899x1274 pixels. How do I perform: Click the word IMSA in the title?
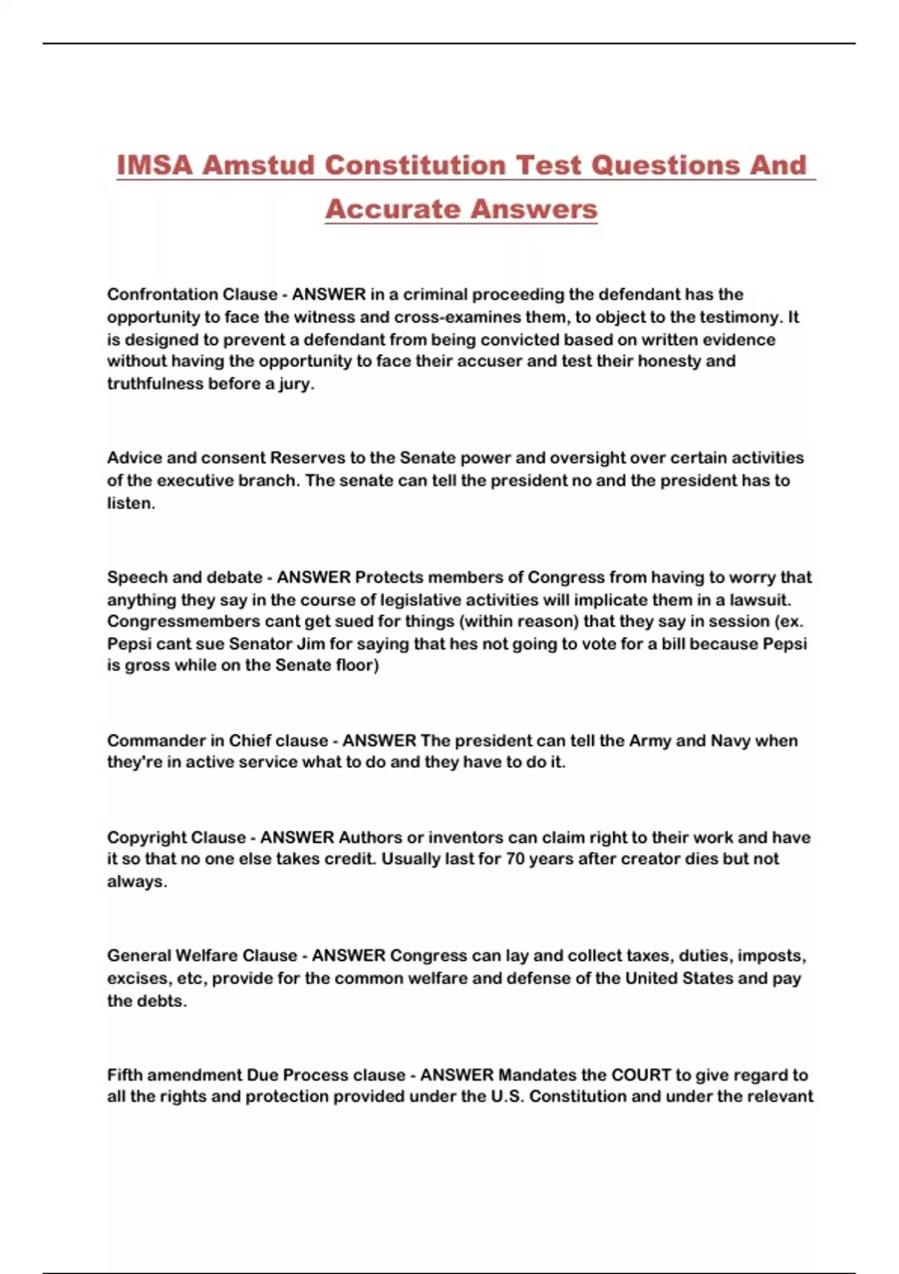click(154, 165)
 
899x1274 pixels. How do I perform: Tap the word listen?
click(130, 503)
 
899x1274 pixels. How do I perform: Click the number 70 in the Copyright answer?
click(515, 859)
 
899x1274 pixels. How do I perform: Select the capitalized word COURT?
click(641, 1075)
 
